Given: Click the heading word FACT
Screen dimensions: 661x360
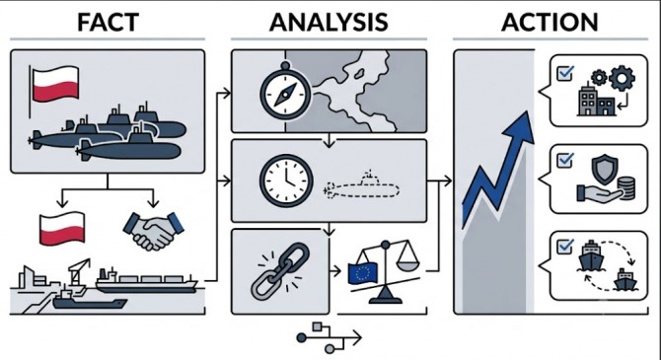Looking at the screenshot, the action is tap(108, 23).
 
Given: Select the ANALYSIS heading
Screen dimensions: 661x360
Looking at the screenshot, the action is tap(329, 23).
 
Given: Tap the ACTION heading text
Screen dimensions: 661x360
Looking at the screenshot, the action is tap(550, 23).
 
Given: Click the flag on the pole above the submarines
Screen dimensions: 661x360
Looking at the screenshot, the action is tap(55, 84).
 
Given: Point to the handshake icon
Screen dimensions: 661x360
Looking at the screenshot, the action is tap(153, 231).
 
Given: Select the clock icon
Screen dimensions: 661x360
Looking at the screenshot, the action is tap(286, 180).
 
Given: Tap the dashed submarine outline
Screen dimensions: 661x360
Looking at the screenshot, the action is tap(361, 185).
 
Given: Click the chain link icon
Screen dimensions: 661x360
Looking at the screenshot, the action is tap(280, 271).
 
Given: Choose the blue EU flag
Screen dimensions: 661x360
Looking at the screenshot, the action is tap(362, 273).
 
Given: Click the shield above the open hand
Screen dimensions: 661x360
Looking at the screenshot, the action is tap(605, 169).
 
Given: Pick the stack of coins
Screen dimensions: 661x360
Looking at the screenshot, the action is tap(625, 188).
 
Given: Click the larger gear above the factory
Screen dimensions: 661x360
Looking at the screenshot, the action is tap(622, 78).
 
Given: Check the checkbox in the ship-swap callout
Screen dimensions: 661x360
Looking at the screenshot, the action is tap(565, 247).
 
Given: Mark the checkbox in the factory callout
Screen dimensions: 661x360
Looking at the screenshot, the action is tap(565, 73).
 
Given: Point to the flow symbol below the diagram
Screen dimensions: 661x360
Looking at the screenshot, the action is tap(329, 337).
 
